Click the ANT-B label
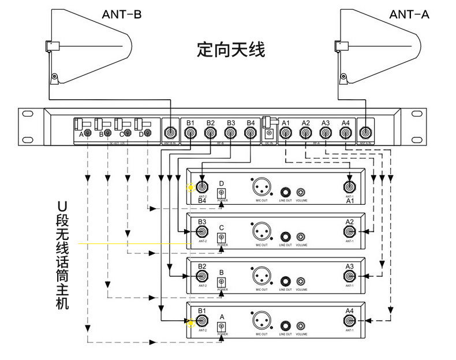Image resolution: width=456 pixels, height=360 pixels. point(122,14)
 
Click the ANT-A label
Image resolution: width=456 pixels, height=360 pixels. point(409,14)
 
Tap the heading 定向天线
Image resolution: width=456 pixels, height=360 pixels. point(231,50)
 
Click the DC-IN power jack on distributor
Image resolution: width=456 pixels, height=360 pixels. point(268,134)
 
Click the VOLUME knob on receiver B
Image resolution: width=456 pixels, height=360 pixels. point(301,281)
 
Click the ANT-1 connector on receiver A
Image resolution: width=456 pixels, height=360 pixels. point(350,321)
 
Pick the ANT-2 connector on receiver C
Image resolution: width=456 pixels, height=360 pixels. point(202,232)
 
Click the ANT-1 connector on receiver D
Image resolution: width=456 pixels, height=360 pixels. point(350,187)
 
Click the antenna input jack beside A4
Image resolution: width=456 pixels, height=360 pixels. point(365,133)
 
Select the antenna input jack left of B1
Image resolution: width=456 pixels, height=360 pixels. point(170,133)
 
